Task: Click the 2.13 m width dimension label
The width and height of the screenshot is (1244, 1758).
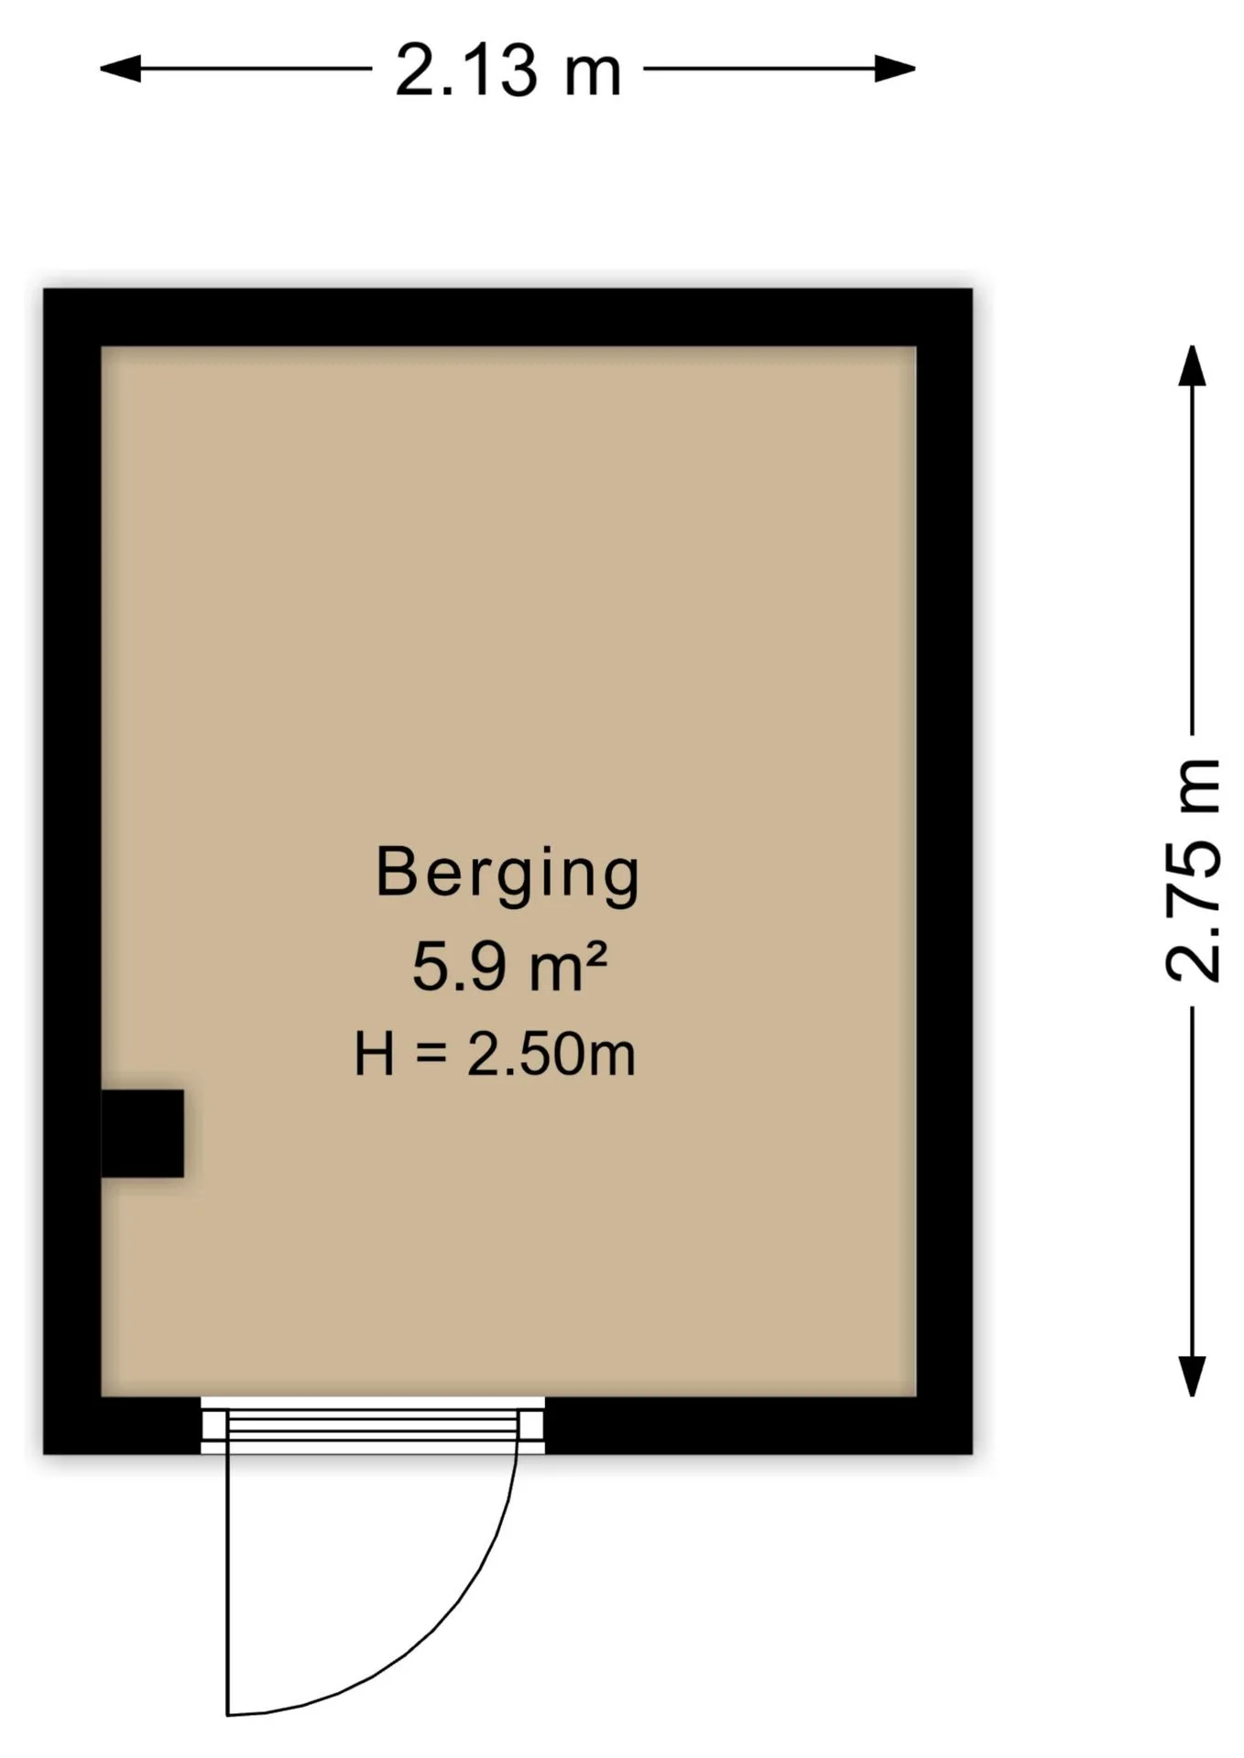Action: coord(508,71)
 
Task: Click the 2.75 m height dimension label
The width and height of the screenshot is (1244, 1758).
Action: coord(1194,871)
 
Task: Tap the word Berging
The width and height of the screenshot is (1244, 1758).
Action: coord(507,875)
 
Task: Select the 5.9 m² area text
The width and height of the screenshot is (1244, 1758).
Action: coord(509,967)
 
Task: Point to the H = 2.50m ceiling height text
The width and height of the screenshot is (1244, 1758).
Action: coord(495,1054)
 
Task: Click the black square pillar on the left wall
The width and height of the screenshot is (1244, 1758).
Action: coord(142,1134)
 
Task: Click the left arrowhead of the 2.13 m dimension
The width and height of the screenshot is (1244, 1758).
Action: coord(120,69)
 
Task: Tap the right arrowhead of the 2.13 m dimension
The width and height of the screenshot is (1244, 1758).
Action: coord(895,69)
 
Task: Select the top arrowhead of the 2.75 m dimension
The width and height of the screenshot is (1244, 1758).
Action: coord(1192,365)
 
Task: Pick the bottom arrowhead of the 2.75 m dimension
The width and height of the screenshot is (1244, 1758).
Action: coord(1192,1377)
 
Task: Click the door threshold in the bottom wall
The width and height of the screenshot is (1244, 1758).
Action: coord(373,1426)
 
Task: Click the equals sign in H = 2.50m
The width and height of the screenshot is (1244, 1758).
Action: coord(431,1054)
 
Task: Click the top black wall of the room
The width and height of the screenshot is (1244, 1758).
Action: coord(507,318)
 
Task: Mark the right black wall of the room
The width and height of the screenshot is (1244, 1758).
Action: coord(944,871)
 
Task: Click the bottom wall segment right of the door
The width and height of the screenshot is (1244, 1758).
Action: coord(758,1426)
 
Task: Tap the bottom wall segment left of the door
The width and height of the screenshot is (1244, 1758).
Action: coord(122,1426)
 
